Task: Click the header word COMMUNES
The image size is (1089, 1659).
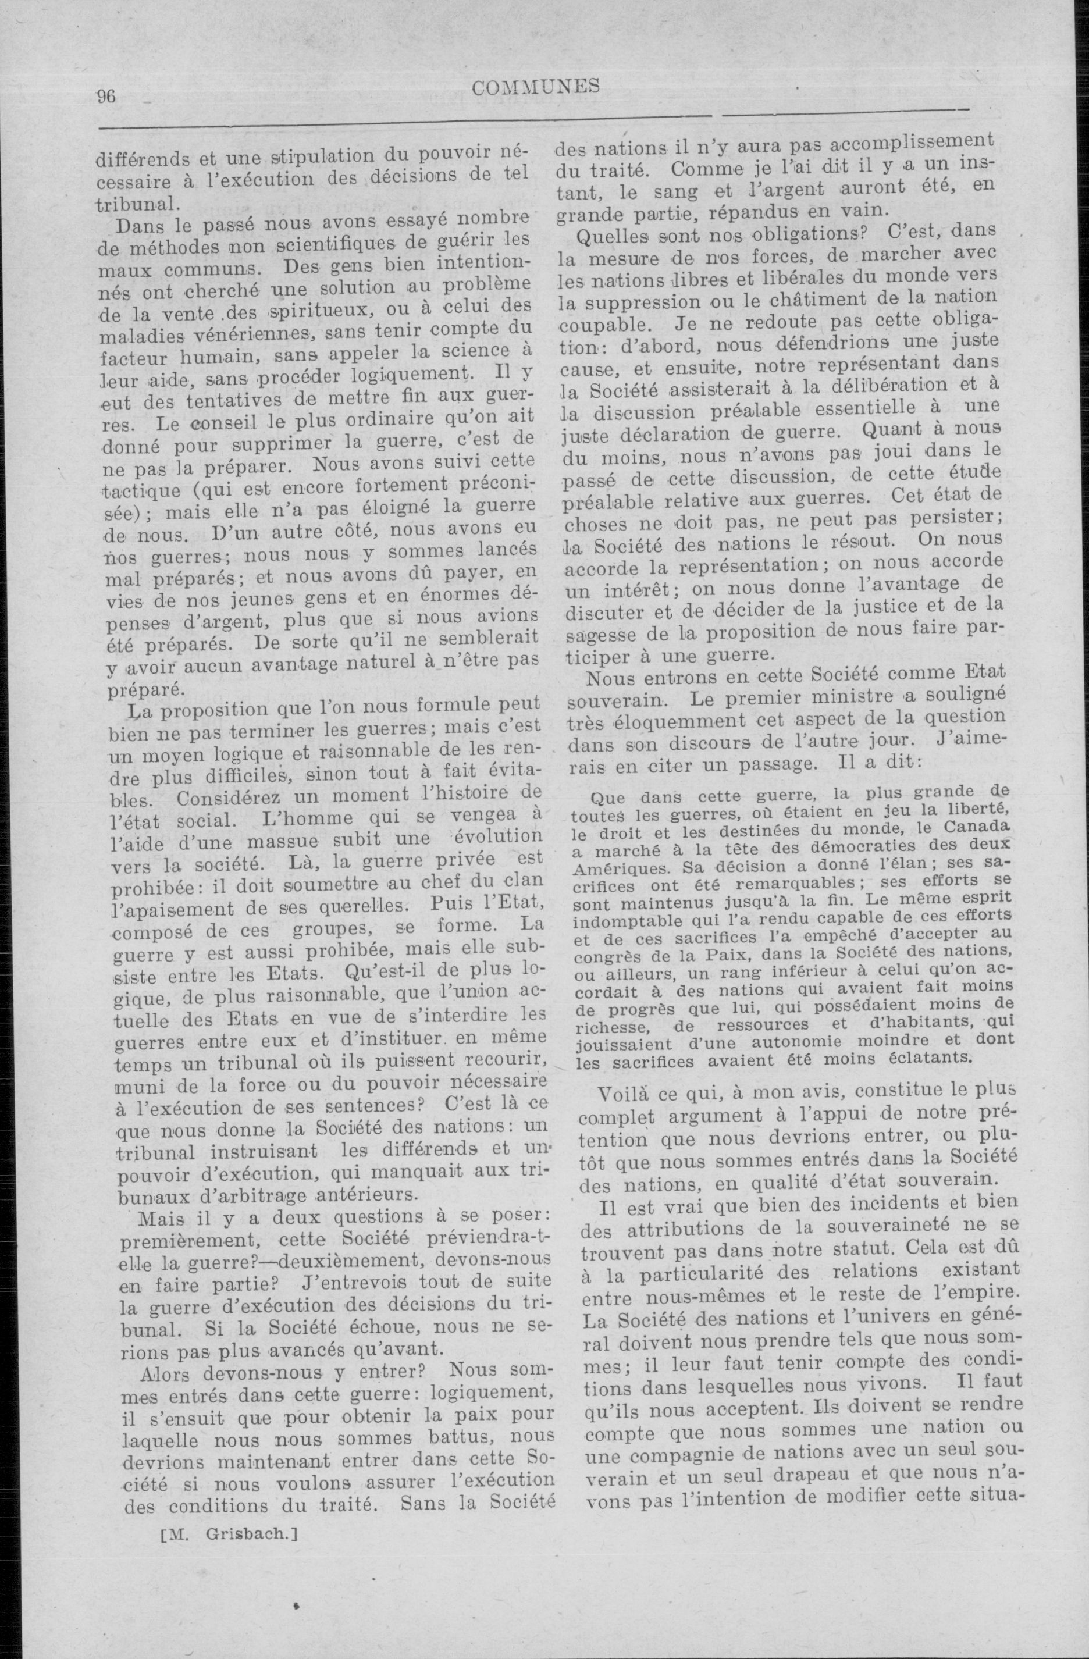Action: click(535, 87)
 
